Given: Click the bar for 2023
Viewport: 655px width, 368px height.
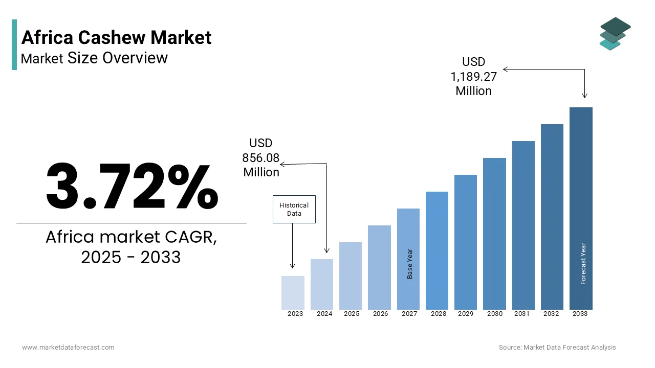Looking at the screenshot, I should (x=293, y=293).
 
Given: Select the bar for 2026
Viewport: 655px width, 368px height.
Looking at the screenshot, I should (x=379, y=267).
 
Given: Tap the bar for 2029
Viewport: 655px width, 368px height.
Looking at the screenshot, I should (x=466, y=242).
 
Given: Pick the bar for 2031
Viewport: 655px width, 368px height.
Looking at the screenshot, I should (x=523, y=225).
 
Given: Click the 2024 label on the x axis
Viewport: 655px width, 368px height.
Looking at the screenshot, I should (x=324, y=314).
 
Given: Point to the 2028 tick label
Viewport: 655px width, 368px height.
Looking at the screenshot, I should (x=439, y=314).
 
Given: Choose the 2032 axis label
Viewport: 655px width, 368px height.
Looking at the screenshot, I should (x=551, y=314).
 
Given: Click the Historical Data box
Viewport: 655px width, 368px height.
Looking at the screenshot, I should (x=294, y=210).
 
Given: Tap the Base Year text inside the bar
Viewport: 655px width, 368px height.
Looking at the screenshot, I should (x=410, y=264).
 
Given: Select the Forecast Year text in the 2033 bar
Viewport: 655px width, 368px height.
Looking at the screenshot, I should (x=583, y=263).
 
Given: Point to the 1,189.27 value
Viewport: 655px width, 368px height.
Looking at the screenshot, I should (x=473, y=76).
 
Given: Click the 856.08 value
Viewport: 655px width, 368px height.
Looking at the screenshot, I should (x=261, y=158).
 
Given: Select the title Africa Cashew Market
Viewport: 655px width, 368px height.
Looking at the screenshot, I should (x=116, y=37).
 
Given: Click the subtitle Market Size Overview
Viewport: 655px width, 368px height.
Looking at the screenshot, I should (x=94, y=58).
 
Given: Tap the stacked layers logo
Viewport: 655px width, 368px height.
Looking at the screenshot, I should (x=615, y=34).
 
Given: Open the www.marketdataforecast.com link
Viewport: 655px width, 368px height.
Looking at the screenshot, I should (x=68, y=348).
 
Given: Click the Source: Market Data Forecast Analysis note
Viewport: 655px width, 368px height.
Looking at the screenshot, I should (x=557, y=348).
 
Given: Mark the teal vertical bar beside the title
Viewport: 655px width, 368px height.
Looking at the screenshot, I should (x=14, y=45).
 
